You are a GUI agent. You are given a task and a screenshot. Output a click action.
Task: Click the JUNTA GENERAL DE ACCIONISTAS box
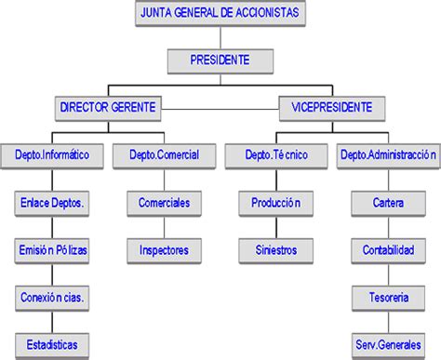click(x=220, y=14)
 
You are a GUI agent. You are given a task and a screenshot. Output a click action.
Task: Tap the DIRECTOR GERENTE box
click(x=108, y=108)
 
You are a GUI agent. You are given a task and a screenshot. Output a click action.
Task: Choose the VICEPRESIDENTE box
click(x=332, y=108)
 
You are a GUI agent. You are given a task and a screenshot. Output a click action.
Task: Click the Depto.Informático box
click(x=52, y=155)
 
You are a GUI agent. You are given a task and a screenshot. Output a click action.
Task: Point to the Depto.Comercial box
click(x=164, y=155)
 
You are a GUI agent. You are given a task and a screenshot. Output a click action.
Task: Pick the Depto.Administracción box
click(x=388, y=155)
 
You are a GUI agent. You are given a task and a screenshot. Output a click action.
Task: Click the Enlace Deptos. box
click(x=52, y=202)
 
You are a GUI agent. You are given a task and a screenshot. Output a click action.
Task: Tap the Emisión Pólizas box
click(x=52, y=249)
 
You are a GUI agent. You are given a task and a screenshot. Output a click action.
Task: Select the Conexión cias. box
click(x=52, y=298)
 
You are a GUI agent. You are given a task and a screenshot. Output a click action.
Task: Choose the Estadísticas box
click(x=52, y=344)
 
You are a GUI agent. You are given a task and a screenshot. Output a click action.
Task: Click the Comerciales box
click(x=164, y=202)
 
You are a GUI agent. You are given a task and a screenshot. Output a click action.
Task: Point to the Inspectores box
click(x=164, y=249)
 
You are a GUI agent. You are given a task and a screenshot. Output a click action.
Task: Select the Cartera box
click(x=388, y=202)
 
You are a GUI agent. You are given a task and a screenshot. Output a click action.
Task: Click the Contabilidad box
click(x=388, y=249)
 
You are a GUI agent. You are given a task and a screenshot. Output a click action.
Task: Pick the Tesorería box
click(x=388, y=298)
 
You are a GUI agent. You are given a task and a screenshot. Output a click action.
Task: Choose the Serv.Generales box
click(x=388, y=344)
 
